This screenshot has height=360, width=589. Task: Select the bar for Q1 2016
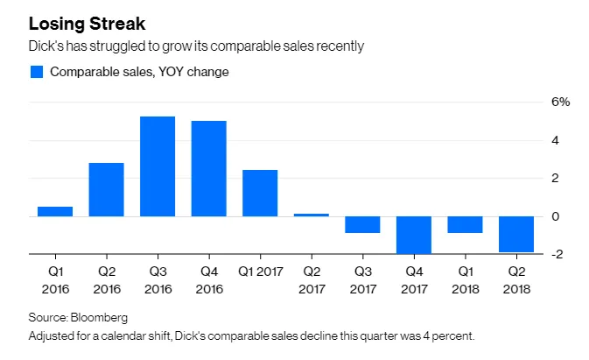[54, 211]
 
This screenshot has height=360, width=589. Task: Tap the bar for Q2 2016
[106, 189]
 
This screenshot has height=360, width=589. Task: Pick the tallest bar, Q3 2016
[158, 166]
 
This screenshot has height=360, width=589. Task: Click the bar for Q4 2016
[209, 168]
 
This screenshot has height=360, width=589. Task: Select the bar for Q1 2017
[260, 193]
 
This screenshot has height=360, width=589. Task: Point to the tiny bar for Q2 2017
[312, 215]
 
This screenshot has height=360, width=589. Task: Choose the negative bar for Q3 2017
[362, 224]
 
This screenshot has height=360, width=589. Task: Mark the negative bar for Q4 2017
[414, 235]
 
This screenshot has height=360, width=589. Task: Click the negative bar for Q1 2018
[465, 224]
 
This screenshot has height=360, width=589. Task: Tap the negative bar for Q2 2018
[516, 234]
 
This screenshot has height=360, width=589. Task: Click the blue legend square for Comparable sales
[37, 72]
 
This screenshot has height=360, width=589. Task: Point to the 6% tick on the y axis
[560, 102]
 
